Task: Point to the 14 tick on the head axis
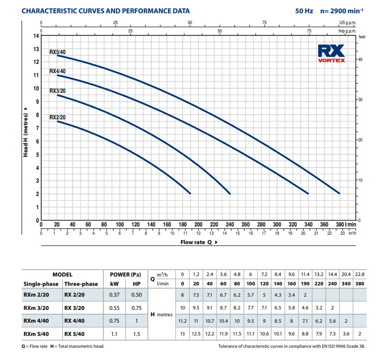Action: pos(35,36)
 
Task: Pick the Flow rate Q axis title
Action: pos(198,242)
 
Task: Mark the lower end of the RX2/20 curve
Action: pos(190,194)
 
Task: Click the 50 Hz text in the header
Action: pos(304,10)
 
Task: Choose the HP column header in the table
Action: pos(137,284)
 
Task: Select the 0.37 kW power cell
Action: pos(114,295)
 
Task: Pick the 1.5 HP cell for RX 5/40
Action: pos(137,334)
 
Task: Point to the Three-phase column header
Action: pos(81,284)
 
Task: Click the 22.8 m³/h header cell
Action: pos(359,274)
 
